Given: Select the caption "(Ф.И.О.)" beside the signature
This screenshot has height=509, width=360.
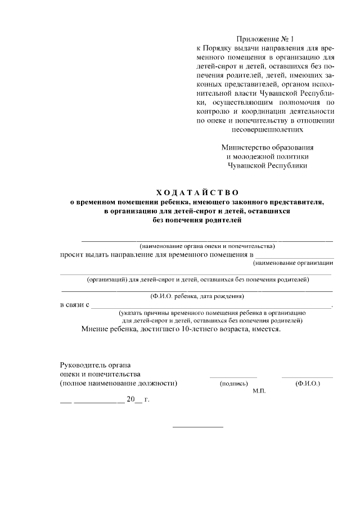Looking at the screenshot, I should click(307, 384).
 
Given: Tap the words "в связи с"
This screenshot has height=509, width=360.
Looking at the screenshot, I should click(75, 304).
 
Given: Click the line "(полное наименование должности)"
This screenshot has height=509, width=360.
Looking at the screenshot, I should click(119, 384).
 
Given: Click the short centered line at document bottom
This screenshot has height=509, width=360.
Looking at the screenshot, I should click(197, 427).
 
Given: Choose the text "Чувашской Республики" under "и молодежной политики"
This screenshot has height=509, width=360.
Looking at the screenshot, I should click(267, 165).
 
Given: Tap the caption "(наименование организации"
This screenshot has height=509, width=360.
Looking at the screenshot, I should click(293, 263).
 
